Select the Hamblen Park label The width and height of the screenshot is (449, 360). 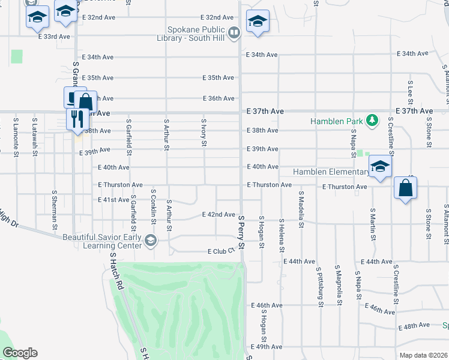click(337, 121)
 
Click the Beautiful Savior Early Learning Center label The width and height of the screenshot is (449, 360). click(103, 241)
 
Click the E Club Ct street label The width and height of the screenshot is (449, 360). click(220, 251)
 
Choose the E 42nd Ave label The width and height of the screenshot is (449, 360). click(218, 214)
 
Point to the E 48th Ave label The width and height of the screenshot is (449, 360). click(414, 326)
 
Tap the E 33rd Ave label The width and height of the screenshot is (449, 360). click(54, 37)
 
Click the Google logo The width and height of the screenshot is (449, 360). click(20, 353)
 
